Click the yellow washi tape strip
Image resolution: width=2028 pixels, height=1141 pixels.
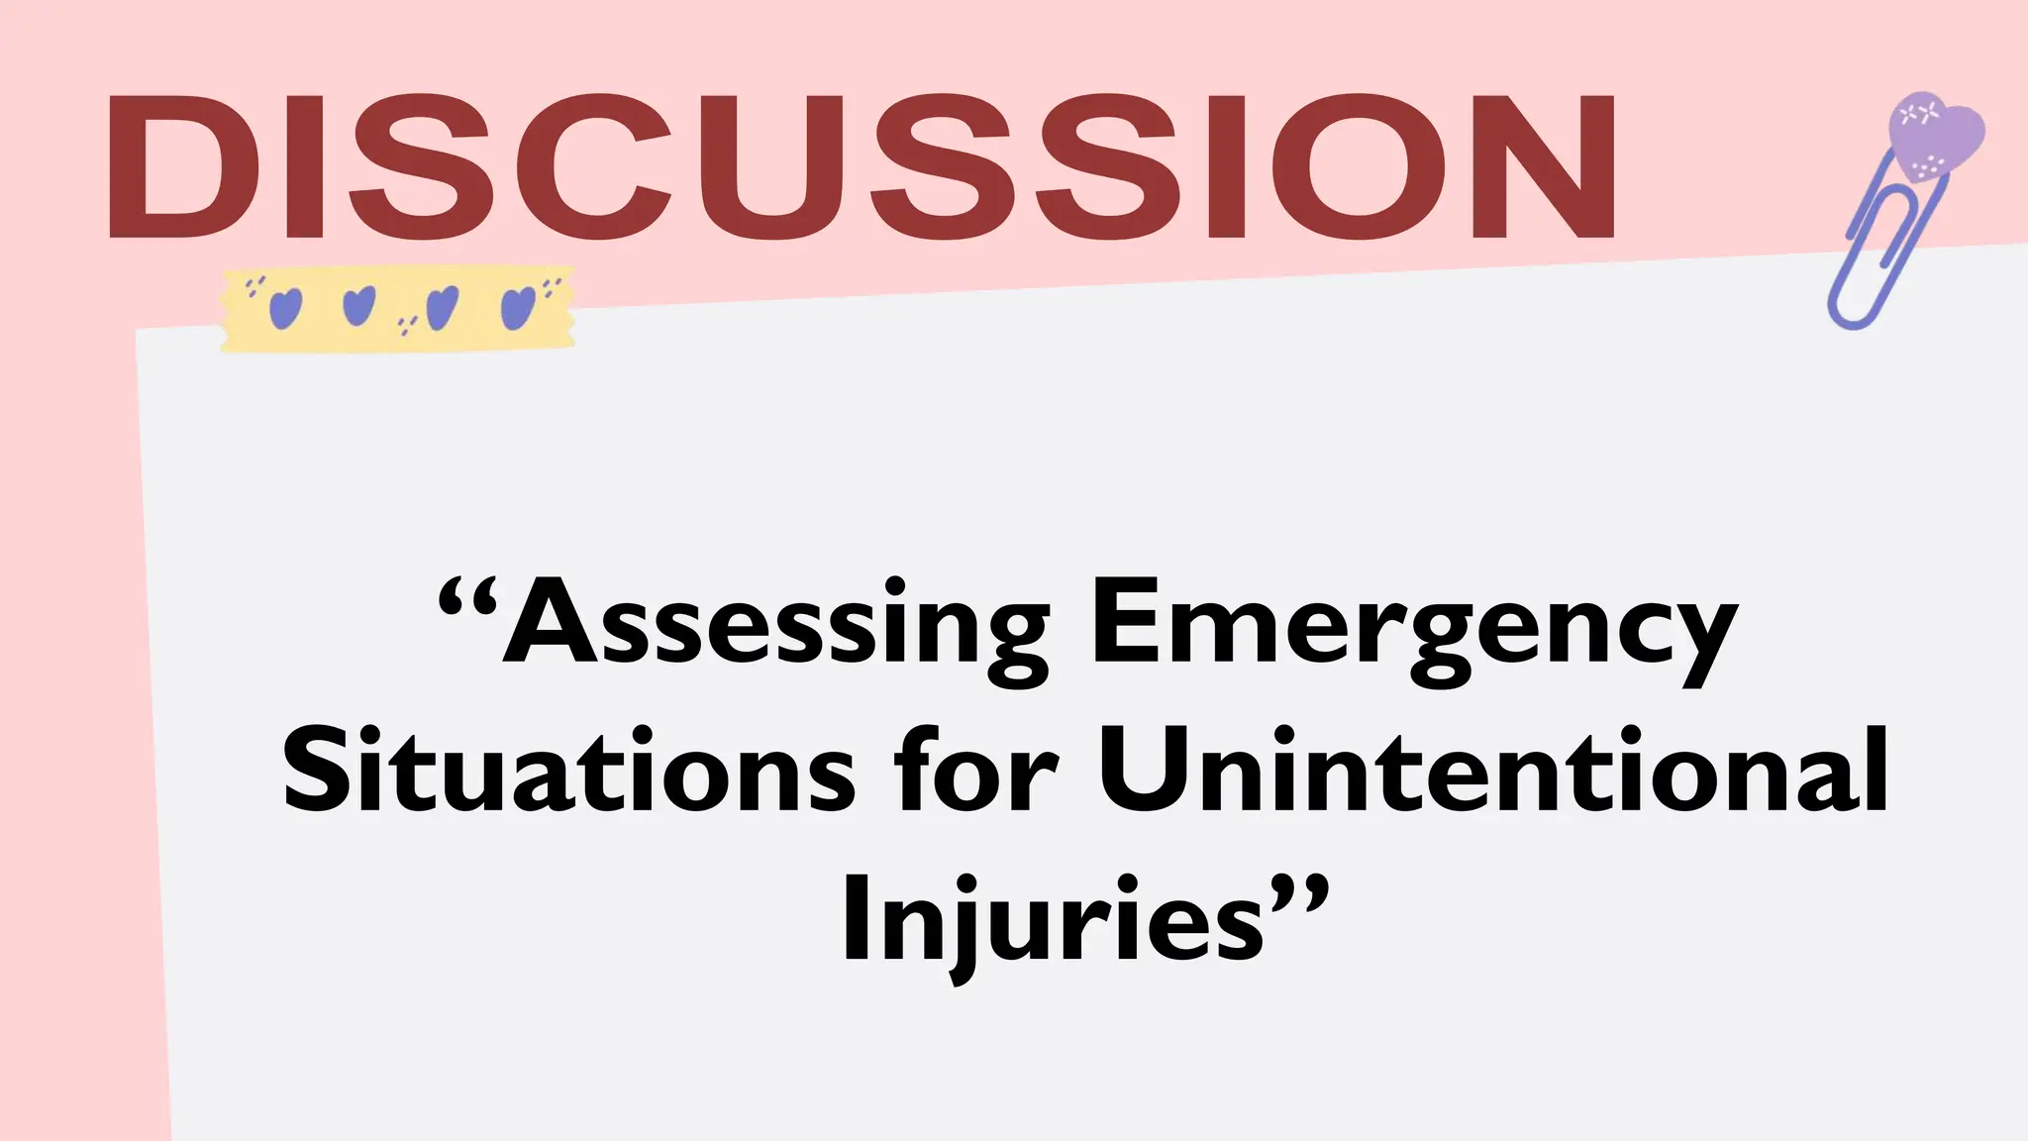(x=397, y=309)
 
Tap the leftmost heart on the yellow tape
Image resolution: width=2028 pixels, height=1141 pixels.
(x=285, y=308)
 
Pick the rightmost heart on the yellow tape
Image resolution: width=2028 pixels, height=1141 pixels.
(x=518, y=308)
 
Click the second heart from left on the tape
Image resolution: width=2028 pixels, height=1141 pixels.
(x=358, y=306)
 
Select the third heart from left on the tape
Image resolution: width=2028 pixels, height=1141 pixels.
(x=442, y=308)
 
